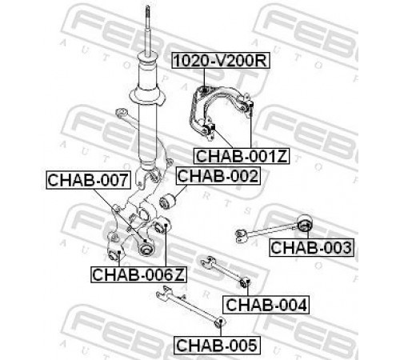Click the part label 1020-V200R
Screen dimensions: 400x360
(x=220, y=61)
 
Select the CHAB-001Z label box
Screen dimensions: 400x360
(x=242, y=156)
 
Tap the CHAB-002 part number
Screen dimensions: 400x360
(x=218, y=176)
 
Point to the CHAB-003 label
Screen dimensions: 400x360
(x=311, y=247)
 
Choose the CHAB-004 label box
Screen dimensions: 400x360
(x=266, y=305)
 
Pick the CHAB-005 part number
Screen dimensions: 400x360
(x=217, y=345)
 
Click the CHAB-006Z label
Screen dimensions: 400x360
(x=138, y=274)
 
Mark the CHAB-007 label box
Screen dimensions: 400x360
(x=88, y=180)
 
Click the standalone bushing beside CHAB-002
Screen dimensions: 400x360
(x=166, y=202)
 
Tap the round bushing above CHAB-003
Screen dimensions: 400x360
(x=305, y=223)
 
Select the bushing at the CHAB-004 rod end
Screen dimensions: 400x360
(x=245, y=282)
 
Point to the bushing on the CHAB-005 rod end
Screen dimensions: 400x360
(x=220, y=322)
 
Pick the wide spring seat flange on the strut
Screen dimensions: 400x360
(x=146, y=95)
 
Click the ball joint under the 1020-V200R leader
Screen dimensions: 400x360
(x=204, y=90)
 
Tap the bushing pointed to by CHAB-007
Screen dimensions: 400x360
(x=146, y=247)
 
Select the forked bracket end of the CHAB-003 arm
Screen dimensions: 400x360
(x=242, y=235)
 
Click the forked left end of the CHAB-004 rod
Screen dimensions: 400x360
(x=207, y=262)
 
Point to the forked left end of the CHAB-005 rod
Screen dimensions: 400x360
(x=164, y=292)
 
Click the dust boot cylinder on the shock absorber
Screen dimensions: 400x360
(x=147, y=71)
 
